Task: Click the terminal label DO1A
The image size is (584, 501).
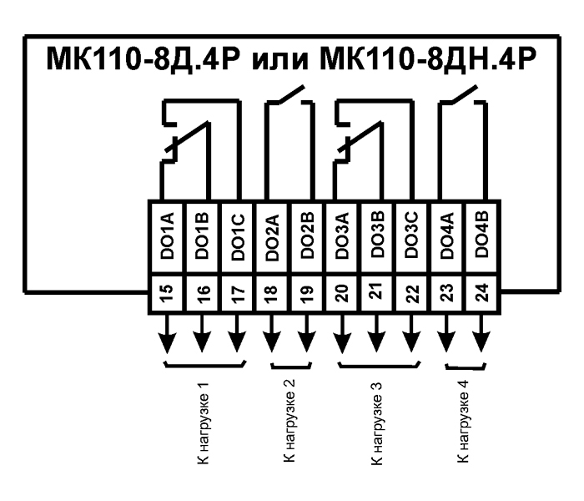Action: click(x=167, y=236)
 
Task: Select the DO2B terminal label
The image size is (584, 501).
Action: click(x=308, y=235)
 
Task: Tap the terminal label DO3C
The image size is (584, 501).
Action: click(x=412, y=235)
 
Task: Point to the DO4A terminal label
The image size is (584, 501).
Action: click(x=447, y=235)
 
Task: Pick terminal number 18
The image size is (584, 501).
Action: click(x=271, y=293)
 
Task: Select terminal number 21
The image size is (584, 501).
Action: click(x=378, y=291)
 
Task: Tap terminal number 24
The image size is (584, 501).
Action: click(x=482, y=292)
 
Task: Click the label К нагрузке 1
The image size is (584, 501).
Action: click(x=203, y=423)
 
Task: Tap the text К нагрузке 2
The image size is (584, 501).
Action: click(x=289, y=421)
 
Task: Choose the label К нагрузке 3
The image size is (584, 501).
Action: click(x=376, y=423)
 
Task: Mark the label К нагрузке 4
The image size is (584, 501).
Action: click(x=463, y=422)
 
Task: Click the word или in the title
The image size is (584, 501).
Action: click(x=279, y=59)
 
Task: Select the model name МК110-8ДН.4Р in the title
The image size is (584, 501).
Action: click(x=428, y=58)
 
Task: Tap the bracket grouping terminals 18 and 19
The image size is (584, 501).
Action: click(x=291, y=367)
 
